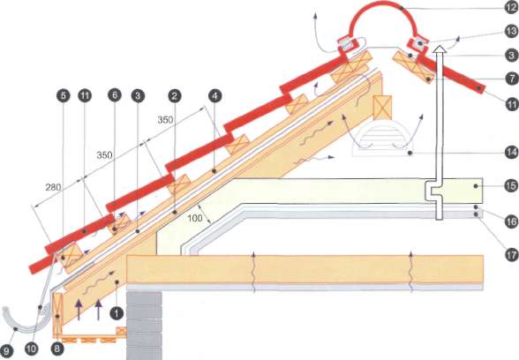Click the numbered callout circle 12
pyautogui.click(x=512, y=8)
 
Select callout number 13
pyautogui.click(x=512, y=32)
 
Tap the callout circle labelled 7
pyautogui.click(x=512, y=79)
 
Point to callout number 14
pyautogui.click(x=512, y=153)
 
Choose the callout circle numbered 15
pyautogui.click(x=510, y=185)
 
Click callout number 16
pyautogui.click(x=512, y=221)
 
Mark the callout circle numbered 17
pyautogui.click(x=511, y=255)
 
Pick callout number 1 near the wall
pyautogui.click(x=117, y=313)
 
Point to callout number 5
pyautogui.click(x=64, y=95)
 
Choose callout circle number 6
pyautogui.click(x=115, y=95)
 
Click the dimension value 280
pyautogui.click(x=53, y=188)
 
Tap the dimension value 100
pyautogui.click(x=195, y=218)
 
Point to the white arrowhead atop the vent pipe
pyautogui.click(x=440, y=49)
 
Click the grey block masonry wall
pyautogui.click(x=145, y=326)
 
